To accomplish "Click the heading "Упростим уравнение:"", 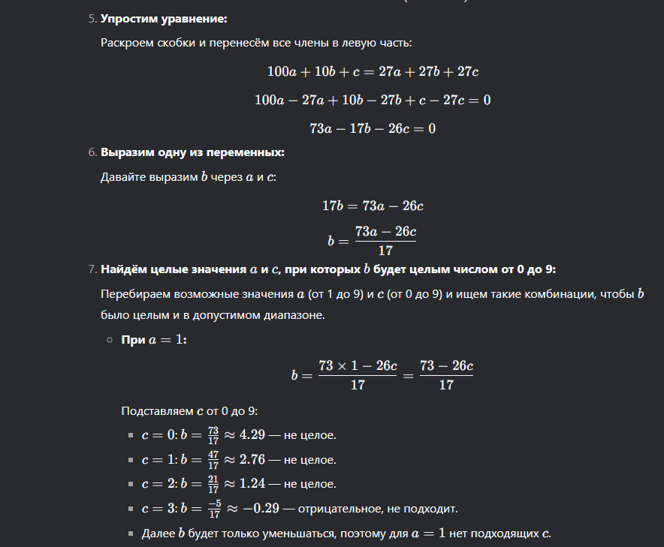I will coord(163,18).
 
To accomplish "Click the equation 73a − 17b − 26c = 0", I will coord(373,128).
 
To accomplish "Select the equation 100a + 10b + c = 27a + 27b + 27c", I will coord(373,72).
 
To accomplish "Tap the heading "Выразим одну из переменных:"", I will coord(192,153).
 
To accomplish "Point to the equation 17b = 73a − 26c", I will coord(373,206).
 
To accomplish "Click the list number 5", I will coord(92,18).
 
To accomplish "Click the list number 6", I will coord(92,153).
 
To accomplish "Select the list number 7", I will coord(92,269).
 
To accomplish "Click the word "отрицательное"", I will coord(335,509).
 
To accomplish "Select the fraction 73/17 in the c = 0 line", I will coord(213,434).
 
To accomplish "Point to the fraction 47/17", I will coord(213,459).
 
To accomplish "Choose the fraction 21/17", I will coord(213,484).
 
